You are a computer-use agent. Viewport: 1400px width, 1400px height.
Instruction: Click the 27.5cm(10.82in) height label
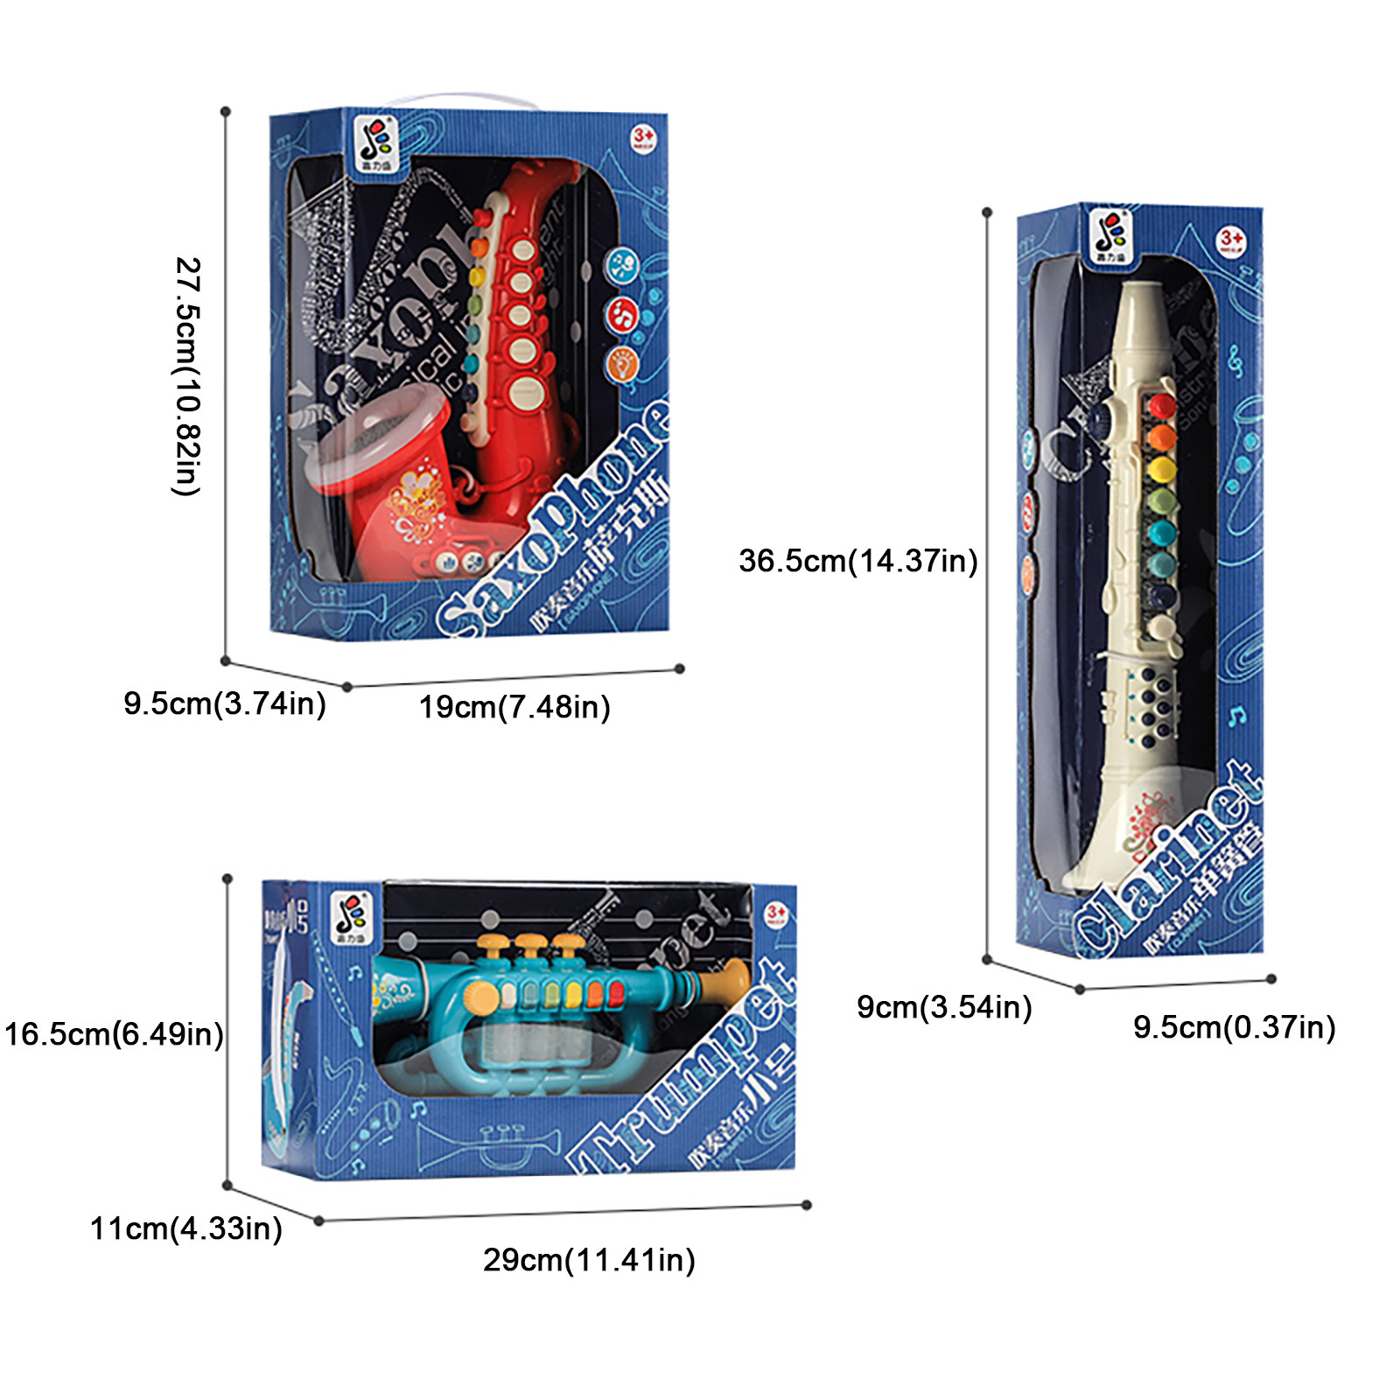187,376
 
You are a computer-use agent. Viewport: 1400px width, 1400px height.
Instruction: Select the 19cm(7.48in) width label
514,707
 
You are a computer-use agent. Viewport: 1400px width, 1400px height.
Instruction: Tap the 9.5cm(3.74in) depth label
225,703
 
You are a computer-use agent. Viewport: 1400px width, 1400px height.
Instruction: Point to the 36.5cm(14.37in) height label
857,561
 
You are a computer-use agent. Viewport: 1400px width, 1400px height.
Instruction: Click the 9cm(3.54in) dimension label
944,1007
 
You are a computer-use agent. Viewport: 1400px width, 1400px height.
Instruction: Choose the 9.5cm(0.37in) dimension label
1234,1027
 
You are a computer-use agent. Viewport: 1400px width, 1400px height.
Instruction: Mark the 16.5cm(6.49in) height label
114,1034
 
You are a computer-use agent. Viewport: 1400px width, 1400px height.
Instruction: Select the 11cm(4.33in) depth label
186,1228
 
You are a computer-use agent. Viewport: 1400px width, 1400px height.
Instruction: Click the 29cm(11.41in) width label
589,1260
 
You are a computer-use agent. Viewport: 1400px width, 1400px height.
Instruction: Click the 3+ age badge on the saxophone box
644,137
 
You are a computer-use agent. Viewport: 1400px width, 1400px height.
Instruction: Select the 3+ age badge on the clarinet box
1231,239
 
